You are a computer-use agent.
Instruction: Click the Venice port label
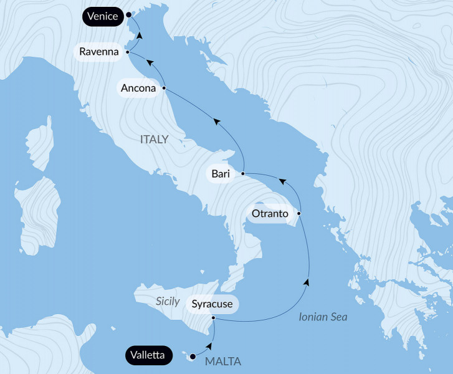102,16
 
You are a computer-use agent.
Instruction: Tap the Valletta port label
148,356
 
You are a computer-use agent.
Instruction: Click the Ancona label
138,89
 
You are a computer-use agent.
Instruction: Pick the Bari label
221,174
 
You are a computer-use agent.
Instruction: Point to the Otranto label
270,214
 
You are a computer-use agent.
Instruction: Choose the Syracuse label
212,304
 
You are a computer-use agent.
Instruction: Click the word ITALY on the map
154,140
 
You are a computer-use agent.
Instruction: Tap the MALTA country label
222,362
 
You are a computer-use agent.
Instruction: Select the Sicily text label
168,302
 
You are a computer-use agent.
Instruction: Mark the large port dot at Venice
128,14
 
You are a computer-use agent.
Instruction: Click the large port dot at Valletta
193,357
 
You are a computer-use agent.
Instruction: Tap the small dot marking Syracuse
214,319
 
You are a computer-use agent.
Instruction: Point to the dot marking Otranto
299,214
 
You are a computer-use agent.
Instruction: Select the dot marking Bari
243,173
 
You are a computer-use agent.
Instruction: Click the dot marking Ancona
164,89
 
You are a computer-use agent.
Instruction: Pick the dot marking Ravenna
128,52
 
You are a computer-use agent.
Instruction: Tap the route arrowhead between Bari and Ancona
217,123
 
